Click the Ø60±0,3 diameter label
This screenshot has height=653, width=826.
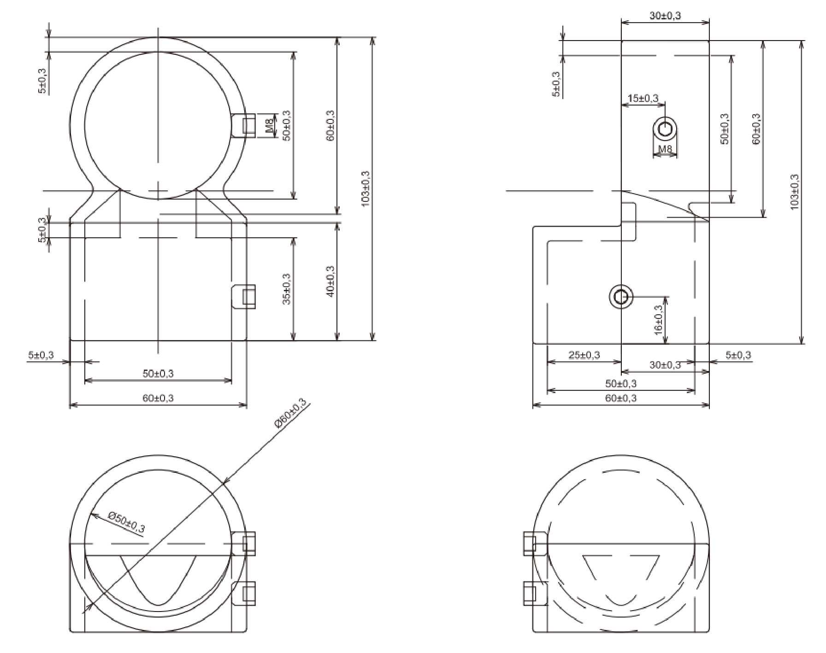pos(291,413)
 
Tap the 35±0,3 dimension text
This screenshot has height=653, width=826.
pos(286,289)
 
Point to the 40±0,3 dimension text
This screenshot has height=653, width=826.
pos(330,281)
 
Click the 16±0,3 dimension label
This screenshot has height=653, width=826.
pos(658,320)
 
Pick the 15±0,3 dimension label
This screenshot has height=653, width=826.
pos(643,98)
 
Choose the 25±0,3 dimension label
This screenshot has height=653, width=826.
pos(584,355)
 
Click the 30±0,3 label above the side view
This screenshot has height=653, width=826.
pos(665,16)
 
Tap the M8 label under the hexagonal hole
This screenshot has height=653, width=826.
pos(665,149)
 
